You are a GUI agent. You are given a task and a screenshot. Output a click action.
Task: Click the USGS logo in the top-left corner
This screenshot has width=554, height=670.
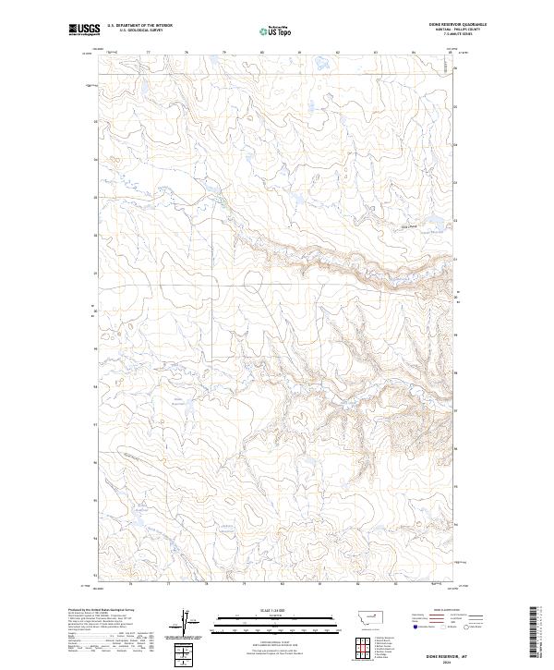point(84,30)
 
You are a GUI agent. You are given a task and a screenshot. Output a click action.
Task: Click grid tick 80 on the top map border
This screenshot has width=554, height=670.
point(262,53)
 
